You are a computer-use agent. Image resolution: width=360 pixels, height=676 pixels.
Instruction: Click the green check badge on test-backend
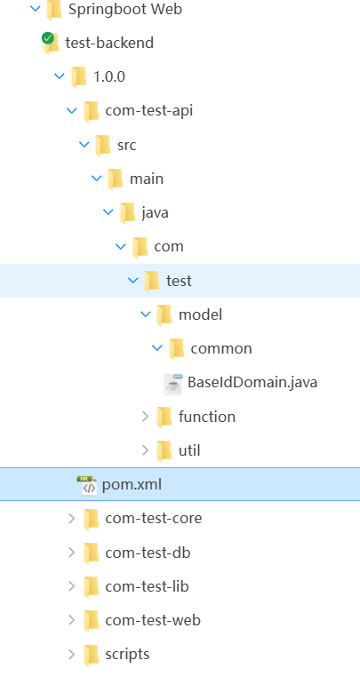(47, 38)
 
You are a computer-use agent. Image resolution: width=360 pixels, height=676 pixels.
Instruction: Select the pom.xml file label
(132, 484)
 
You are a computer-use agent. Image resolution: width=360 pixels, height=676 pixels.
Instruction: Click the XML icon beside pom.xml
(88, 485)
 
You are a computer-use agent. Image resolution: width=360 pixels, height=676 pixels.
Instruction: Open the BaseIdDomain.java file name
(252, 382)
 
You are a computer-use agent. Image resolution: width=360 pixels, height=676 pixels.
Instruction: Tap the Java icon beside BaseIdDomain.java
(173, 384)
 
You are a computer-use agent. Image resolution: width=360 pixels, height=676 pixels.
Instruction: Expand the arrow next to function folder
(146, 416)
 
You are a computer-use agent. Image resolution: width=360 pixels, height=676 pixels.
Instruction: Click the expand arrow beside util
(146, 450)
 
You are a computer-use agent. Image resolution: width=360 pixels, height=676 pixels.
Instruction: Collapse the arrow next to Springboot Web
(36, 8)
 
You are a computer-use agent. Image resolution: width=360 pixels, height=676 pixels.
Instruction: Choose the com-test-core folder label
(154, 518)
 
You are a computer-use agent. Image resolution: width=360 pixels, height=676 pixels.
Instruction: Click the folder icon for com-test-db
(91, 553)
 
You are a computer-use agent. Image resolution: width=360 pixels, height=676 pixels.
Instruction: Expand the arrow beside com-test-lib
(72, 586)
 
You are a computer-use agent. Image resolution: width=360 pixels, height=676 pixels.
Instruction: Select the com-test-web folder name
(153, 620)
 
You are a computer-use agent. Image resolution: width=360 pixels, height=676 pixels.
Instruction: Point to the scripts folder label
(127, 654)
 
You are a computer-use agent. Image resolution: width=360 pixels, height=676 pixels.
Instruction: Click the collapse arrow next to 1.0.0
(60, 76)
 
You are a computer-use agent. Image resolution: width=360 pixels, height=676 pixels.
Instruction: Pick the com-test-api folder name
(149, 111)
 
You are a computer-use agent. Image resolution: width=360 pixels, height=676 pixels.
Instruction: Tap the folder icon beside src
(103, 146)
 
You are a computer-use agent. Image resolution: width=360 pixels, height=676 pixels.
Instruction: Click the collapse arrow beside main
(97, 178)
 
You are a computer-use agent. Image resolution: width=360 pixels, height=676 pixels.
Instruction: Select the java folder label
(155, 212)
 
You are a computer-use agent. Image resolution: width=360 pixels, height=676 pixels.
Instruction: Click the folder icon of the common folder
(177, 349)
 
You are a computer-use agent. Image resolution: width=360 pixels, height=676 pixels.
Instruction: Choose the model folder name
(200, 314)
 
